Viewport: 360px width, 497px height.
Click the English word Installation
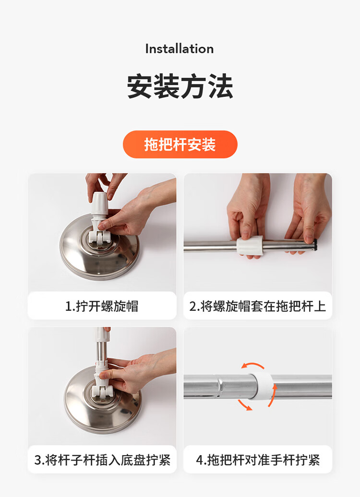180,49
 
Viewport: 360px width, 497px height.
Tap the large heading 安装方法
180,86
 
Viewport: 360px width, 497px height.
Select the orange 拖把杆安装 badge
180,144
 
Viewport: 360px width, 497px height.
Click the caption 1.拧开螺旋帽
102,306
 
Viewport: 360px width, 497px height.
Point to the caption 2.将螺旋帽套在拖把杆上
258,306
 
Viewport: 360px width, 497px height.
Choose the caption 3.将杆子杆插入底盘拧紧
102,460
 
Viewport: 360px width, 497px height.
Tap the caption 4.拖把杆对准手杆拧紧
258,460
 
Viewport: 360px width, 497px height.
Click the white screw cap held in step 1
99,204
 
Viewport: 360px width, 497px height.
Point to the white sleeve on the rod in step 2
250,245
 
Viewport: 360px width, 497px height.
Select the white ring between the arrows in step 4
262,385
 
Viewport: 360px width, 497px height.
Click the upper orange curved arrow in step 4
252,366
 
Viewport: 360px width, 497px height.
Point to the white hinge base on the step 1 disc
99,236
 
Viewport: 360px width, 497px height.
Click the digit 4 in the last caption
199,460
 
